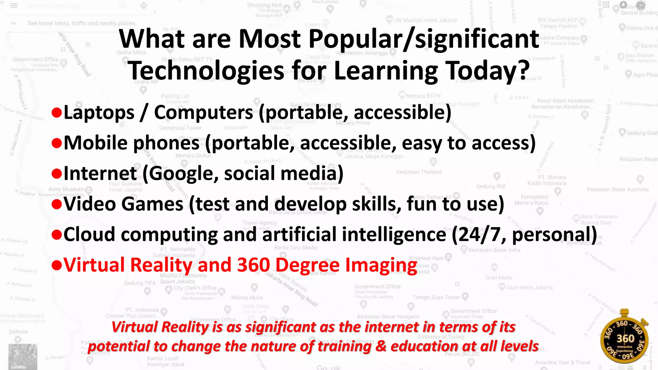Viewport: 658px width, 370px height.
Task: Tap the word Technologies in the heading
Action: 206,71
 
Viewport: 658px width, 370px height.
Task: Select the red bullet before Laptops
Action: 57,113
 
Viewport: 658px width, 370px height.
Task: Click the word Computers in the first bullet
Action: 203,112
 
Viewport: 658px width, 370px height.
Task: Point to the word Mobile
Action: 95,143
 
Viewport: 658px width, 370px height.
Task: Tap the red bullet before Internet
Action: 57,174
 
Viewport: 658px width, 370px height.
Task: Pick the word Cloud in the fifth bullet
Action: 89,234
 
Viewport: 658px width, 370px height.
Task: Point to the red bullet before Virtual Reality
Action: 57,265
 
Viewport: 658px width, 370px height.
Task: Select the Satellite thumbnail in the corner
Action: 22,357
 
